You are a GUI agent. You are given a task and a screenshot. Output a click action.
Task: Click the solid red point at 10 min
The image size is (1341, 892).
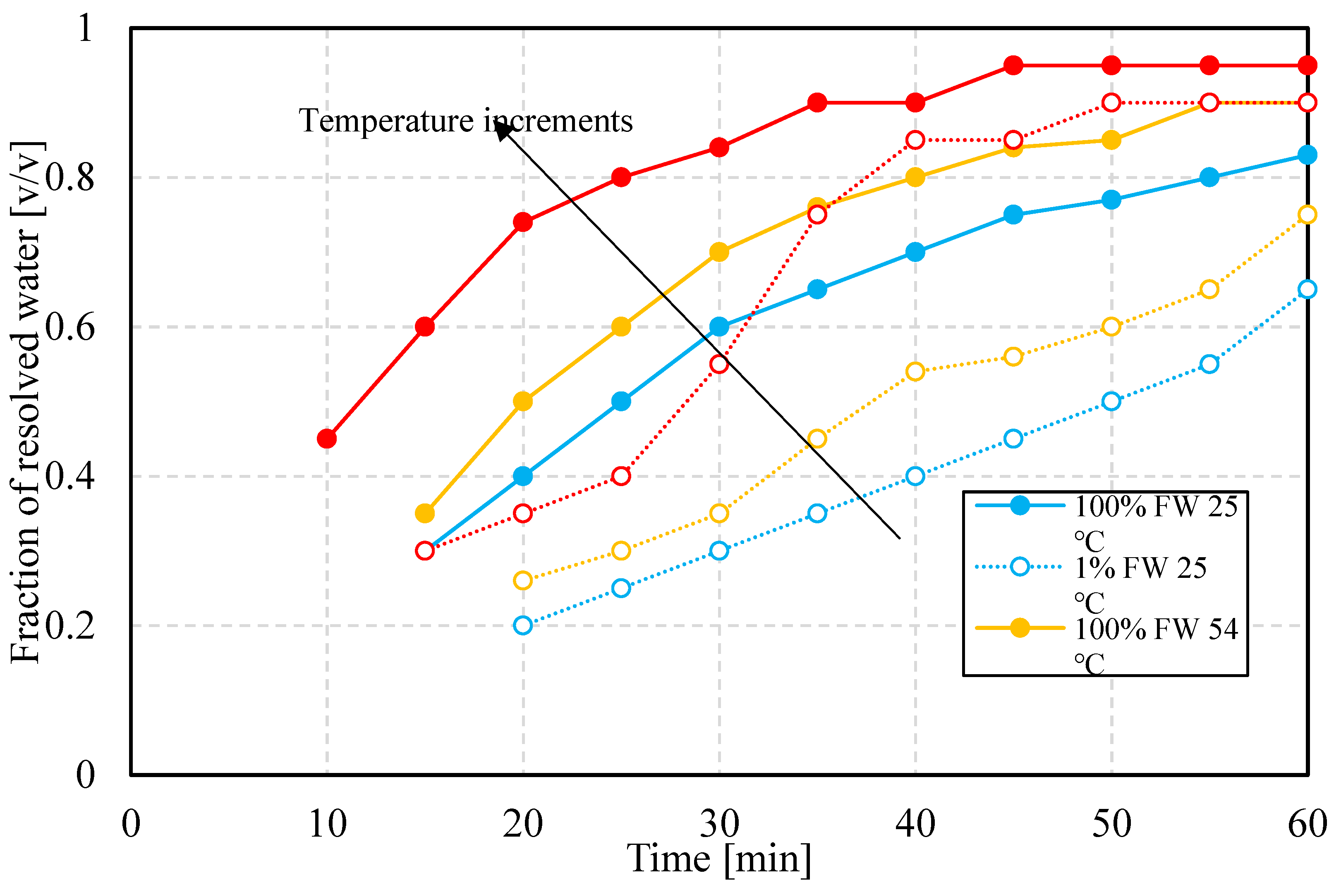(x=327, y=439)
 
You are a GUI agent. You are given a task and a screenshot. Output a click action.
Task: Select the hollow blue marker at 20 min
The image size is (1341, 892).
(x=522, y=625)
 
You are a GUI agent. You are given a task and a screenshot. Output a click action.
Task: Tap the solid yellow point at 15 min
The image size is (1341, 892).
(x=425, y=513)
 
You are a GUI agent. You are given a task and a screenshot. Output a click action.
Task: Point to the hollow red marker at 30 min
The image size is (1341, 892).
(x=719, y=364)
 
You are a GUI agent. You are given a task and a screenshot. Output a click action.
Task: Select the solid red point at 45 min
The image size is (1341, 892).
(x=1013, y=65)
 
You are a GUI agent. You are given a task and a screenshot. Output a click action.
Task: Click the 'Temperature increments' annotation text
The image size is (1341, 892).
(x=466, y=121)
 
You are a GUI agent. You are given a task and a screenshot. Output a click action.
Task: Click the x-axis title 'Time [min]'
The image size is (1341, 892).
(x=719, y=859)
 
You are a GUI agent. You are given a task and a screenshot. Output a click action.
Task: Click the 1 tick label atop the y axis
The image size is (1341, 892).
(x=85, y=28)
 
